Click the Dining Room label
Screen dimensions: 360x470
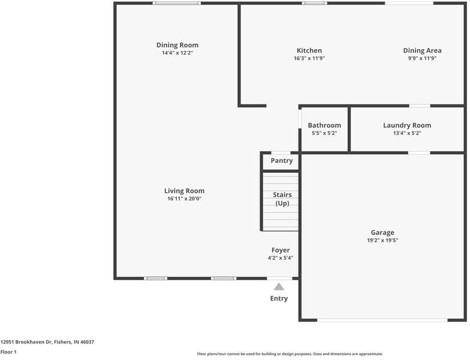click(177, 45)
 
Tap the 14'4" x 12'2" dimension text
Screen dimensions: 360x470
click(177, 53)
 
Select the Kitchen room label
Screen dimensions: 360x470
click(309, 50)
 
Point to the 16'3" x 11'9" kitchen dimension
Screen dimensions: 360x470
click(309, 58)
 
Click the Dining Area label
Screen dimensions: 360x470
click(422, 50)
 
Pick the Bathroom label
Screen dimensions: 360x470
click(324, 125)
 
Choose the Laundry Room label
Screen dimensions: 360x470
click(407, 125)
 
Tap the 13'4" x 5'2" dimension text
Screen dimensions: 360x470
click(407, 133)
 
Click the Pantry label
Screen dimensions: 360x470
click(282, 161)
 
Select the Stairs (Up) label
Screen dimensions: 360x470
click(282, 199)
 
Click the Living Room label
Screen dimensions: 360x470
click(185, 191)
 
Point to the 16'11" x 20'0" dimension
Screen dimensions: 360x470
click(185, 199)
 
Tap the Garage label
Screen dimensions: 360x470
click(382, 232)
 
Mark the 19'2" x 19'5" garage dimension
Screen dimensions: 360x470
click(382, 240)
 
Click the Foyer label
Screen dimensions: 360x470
click(281, 250)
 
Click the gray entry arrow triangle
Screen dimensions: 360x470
click(279, 287)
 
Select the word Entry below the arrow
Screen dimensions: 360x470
click(279, 298)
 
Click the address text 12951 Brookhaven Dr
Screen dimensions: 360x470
click(47, 342)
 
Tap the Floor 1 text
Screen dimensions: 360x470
click(8, 352)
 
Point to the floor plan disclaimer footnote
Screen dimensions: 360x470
click(290, 354)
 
